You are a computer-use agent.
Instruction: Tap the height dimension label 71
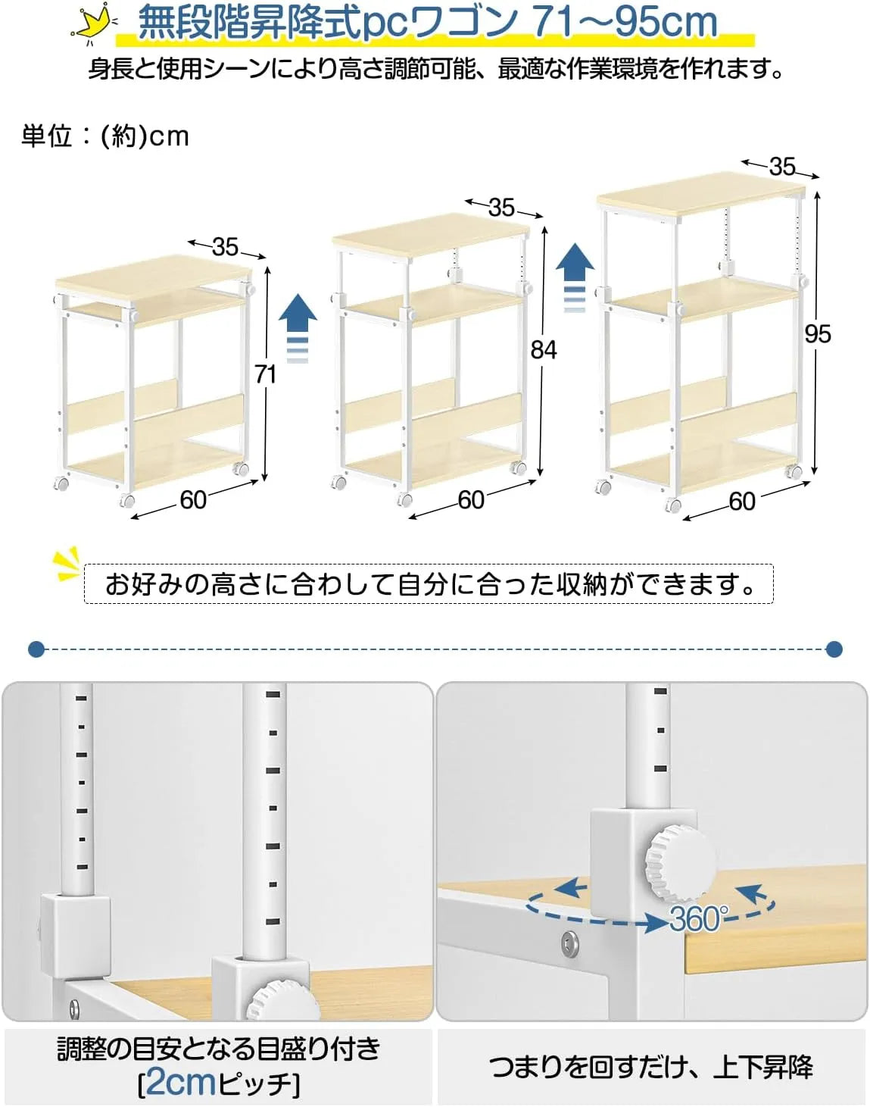(x=265, y=374)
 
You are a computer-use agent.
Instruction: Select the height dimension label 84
(x=544, y=349)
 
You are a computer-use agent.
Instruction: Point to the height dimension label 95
(x=818, y=333)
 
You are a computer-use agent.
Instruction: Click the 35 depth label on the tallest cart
(x=782, y=166)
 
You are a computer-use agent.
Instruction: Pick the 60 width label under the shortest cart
(x=193, y=500)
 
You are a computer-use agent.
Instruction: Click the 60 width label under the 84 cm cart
(x=471, y=500)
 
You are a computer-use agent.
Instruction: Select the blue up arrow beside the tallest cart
(x=575, y=277)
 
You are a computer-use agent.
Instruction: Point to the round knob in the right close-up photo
(x=679, y=863)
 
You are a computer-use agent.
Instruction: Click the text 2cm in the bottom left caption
(x=180, y=1082)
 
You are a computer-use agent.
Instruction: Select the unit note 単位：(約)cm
(x=105, y=136)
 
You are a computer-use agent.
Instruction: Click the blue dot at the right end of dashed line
(x=834, y=649)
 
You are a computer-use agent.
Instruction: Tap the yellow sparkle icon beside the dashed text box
(x=67, y=564)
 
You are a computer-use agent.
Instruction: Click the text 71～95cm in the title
(x=625, y=23)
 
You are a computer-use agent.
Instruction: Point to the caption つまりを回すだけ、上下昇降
(x=651, y=1067)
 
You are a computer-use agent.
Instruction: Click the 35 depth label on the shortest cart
(x=225, y=246)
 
